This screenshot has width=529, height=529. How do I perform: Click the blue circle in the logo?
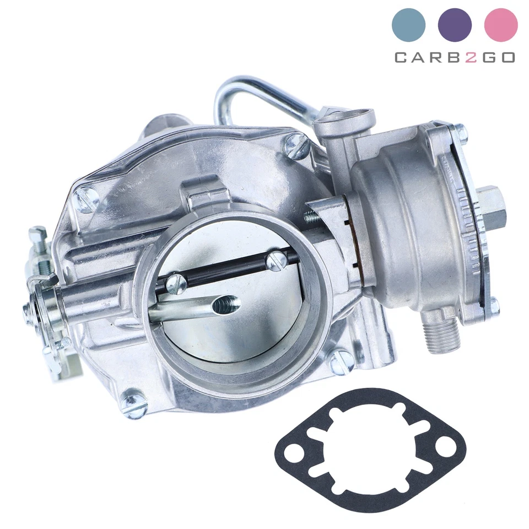(408, 25)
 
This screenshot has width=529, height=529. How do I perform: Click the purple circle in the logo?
(455, 25)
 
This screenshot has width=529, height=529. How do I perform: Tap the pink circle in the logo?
(501, 25)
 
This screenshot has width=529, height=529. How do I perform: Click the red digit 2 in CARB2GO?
(470, 57)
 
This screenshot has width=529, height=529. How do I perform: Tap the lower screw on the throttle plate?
(175, 284)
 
